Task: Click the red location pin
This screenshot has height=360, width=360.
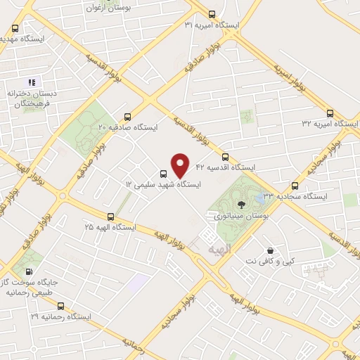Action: click(x=180, y=165)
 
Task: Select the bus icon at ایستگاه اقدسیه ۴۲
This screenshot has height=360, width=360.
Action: click(x=225, y=157)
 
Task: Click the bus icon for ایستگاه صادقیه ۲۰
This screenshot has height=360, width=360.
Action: click(x=127, y=117)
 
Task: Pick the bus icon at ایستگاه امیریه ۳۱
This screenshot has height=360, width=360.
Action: click(x=212, y=15)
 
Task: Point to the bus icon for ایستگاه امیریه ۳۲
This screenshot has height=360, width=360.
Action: click(x=330, y=113)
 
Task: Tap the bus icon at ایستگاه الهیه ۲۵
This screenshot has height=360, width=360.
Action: click(x=110, y=217)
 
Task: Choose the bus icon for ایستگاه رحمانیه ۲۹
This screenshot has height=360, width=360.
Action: click(x=60, y=307)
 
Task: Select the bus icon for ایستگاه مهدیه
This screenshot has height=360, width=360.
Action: click(x=15, y=29)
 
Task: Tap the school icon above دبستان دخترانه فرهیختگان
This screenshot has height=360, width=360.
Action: click(x=32, y=82)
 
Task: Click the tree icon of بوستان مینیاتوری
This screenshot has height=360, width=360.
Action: click(x=241, y=204)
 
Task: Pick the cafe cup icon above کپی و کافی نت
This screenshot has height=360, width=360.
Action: click(x=270, y=250)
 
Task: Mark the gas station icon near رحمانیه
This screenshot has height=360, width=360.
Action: click(x=29, y=271)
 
